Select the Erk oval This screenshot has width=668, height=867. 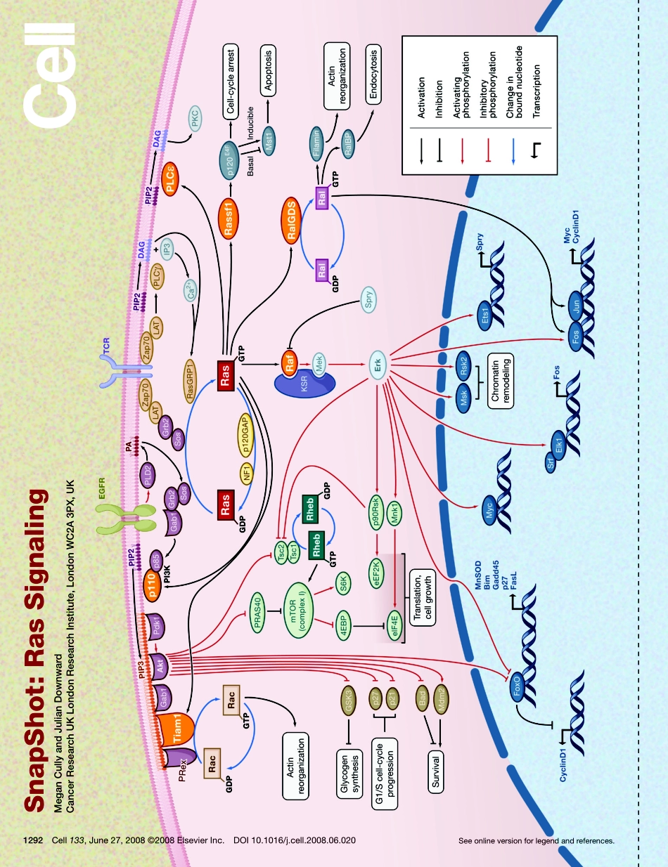[x=378, y=367]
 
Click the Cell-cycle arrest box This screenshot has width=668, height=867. [x=231, y=81]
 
